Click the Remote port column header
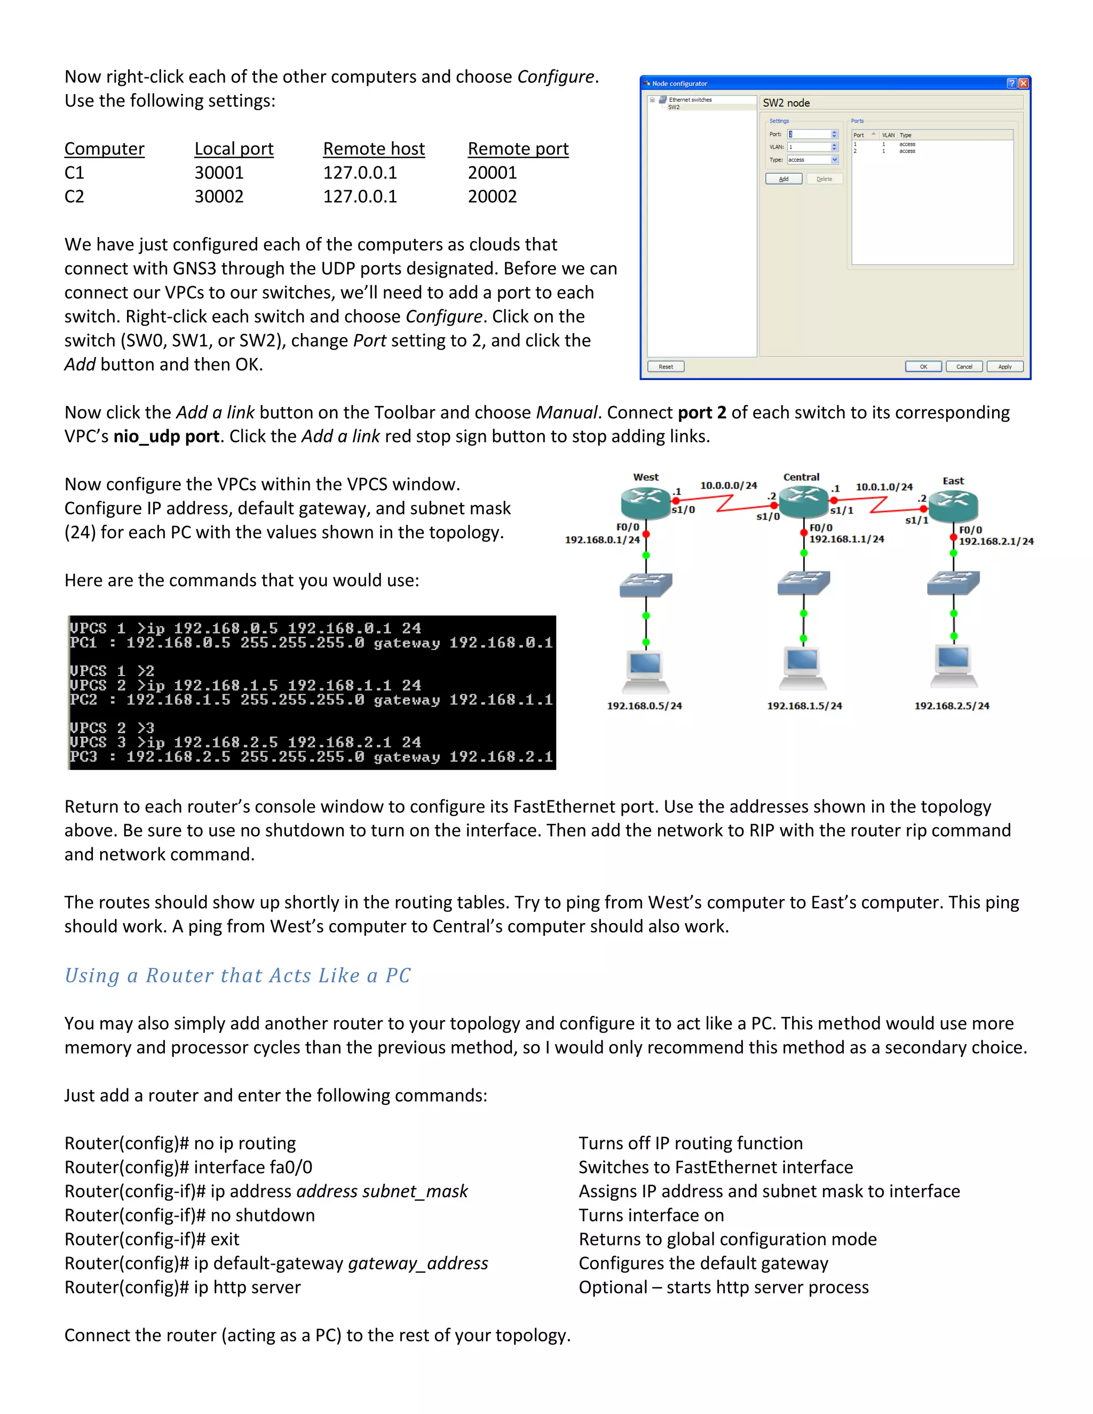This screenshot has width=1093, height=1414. click(518, 149)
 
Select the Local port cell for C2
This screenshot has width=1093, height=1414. click(219, 197)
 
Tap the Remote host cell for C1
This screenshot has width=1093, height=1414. click(360, 173)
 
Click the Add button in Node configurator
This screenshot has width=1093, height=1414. click(783, 179)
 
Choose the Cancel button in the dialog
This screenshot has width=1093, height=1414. click(964, 367)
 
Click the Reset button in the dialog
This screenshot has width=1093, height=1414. click(666, 367)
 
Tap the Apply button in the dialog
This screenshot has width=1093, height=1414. click(1004, 367)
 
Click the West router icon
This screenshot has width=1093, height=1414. click(645, 501)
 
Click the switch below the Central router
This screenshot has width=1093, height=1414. click(804, 582)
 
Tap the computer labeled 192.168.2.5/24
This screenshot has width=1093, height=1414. click(953, 665)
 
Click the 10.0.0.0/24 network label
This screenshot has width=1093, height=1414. click(728, 486)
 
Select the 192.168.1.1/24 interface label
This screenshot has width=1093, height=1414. click(846, 539)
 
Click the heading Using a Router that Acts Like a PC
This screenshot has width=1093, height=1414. click(237, 976)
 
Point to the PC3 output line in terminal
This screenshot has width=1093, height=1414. click(311, 757)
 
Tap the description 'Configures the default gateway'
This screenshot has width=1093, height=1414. click(703, 1263)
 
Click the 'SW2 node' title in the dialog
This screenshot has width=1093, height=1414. click(786, 103)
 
